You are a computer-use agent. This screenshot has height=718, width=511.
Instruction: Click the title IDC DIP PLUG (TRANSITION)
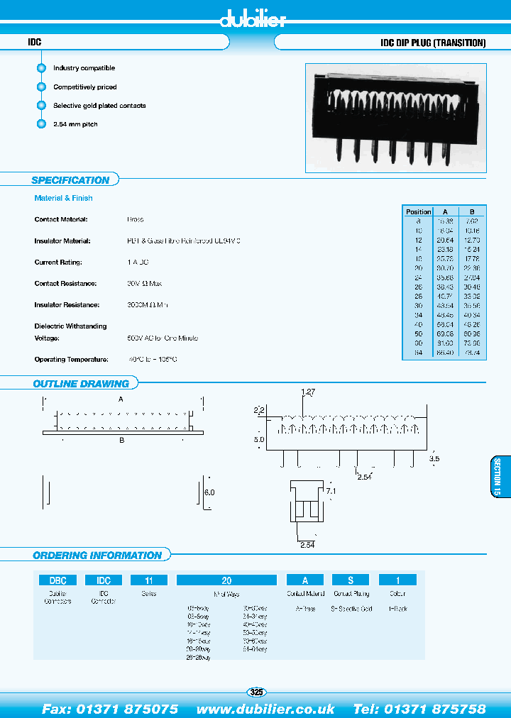point(433,43)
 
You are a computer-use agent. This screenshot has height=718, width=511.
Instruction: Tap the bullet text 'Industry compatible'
point(84,68)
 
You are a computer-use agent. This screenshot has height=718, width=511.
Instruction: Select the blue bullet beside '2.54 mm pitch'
point(40,124)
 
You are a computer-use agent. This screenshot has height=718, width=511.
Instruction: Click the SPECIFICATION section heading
point(70,180)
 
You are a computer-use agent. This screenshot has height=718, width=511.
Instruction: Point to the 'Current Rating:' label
point(58,263)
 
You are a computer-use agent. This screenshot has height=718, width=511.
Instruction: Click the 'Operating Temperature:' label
point(71,360)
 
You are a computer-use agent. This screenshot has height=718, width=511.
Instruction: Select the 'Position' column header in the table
point(418,211)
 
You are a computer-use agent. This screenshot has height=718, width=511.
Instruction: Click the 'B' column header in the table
point(471,211)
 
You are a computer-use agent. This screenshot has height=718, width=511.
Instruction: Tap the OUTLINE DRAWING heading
point(81,384)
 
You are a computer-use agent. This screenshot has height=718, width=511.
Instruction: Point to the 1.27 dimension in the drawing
point(307,392)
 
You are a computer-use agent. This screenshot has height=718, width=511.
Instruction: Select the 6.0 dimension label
point(209,492)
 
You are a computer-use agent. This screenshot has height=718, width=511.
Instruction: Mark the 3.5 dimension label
point(434,459)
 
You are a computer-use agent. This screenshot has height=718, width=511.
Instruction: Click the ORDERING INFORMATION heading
point(97,556)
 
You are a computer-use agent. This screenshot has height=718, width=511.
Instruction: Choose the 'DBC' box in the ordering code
point(58,580)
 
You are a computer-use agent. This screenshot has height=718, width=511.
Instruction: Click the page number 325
point(256,692)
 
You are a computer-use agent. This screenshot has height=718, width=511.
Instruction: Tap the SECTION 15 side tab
point(498,477)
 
